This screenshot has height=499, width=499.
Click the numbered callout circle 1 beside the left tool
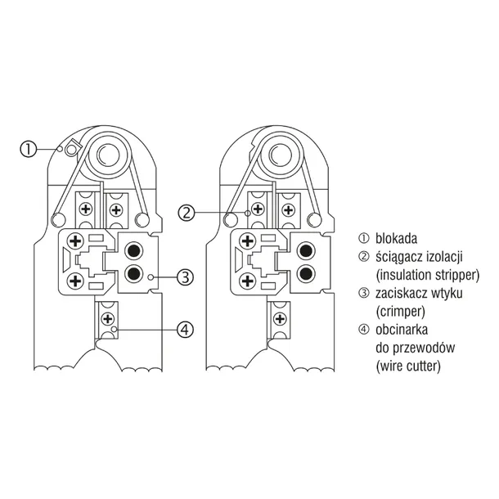click(x=29, y=149)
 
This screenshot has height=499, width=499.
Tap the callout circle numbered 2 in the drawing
click(x=187, y=213)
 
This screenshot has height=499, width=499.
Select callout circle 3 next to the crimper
click(x=186, y=277)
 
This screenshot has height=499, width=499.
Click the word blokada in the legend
click(x=397, y=239)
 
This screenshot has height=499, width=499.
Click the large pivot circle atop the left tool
click(x=106, y=152)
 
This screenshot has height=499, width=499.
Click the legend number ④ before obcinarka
click(x=364, y=330)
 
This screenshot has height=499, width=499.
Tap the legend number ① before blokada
click(x=364, y=239)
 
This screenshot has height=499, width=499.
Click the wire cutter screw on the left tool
click(x=106, y=315)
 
